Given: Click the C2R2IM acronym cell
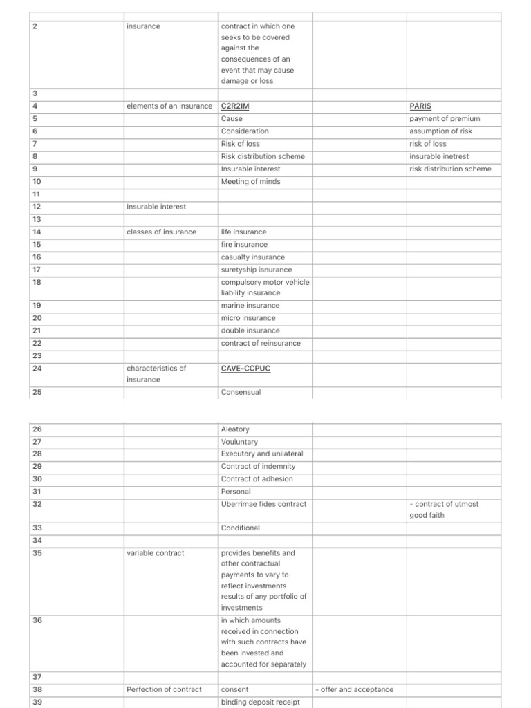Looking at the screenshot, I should click(235, 106).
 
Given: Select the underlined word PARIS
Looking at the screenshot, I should click(420, 106).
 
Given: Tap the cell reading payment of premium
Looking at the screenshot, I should click(445, 119).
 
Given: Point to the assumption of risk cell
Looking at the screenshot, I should click(441, 131).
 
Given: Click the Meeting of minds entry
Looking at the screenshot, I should click(251, 182).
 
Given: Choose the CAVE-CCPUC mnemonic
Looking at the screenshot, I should click(245, 369).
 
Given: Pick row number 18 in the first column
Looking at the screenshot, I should click(37, 282).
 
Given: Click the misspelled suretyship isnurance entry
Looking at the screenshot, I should click(257, 270).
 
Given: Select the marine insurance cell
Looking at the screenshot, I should click(250, 306).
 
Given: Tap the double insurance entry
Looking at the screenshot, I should click(250, 330).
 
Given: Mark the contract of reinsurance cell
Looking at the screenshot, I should click(261, 343).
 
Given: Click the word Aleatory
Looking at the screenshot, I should click(236, 429).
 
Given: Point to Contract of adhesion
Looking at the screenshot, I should click(257, 479).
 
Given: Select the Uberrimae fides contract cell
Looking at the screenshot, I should click(263, 504).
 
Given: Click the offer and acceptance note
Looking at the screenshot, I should click(354, 689).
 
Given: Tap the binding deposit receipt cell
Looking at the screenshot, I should click(260, 702).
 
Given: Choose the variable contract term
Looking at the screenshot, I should click(156, 553).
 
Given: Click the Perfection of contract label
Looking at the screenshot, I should click(165, 689).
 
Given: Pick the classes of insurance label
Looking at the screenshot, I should click(162, 232).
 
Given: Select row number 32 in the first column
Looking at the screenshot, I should click(37, 504).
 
